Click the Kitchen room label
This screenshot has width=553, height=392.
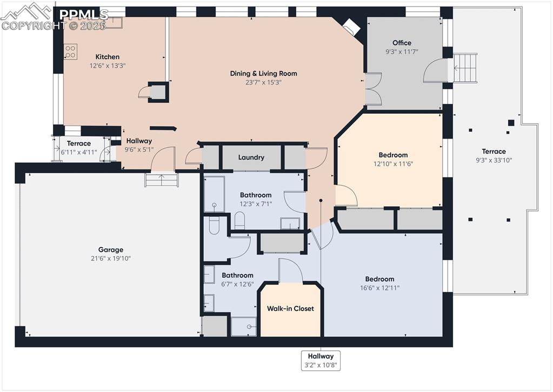pyautogui.click(x=108, y=57)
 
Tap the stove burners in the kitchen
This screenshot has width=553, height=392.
pyautogui.click(x=70, y=51)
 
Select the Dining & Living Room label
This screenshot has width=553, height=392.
pyautogui.click(x=263, y=74)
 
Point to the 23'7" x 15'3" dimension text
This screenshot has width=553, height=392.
pyautogui.click(x=263, y=82)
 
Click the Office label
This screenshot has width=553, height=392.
pyautogui.click(x=402, y=43)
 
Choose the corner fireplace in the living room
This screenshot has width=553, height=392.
pyautogui.click(x=350, y=25)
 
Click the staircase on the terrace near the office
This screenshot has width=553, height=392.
pyautogui.click(x=465, y=68)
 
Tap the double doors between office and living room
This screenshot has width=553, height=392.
pyautogui.click(x=372, y=89)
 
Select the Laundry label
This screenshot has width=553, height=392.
pyautogui.click(x=251, y=158)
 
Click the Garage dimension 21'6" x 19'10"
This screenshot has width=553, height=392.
pyautogui.click(x=111, y=258)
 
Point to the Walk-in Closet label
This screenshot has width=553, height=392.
pyautogui.click(x=290, y=309)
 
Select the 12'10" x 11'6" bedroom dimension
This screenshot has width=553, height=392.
pyautogui.click(x=393, y=164)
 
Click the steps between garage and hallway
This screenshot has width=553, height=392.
pyautogui.click(x=162, y=180)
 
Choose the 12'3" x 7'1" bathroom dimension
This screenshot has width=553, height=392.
pyautogui.click(x=256, y=204)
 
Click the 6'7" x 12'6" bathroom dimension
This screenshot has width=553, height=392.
pyautogui.click(x=237, y=284)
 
